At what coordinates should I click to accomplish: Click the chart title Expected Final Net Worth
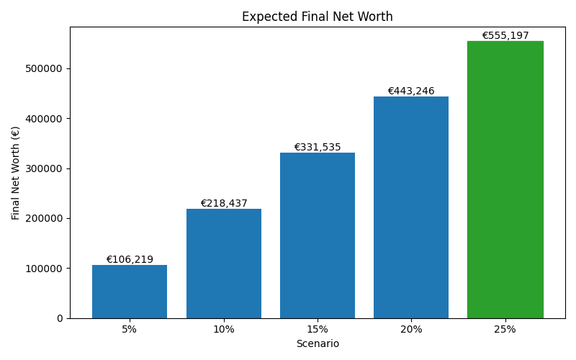click(318, 17)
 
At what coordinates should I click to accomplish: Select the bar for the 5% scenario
click(130, 292)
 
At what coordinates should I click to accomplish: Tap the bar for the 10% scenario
click(224, 264)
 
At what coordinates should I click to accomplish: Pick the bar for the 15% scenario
click(318, 235)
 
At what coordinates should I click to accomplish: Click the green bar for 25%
click(505, 180)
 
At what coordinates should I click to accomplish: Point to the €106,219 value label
click(130, 260)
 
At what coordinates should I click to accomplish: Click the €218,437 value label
click(224, 204)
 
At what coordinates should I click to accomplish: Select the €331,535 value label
click(318, 148)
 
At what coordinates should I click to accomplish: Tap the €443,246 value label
click(411, 91)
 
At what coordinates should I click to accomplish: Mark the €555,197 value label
click(505, 36)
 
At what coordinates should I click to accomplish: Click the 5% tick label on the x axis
click(130, 329)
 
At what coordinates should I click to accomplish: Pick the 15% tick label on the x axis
click(318, 329)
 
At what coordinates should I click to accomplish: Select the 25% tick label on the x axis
click(505, 329)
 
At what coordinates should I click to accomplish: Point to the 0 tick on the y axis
click(60, 318)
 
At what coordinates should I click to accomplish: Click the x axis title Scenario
click(318, 344)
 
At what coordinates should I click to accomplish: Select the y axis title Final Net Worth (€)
click(16, 173)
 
